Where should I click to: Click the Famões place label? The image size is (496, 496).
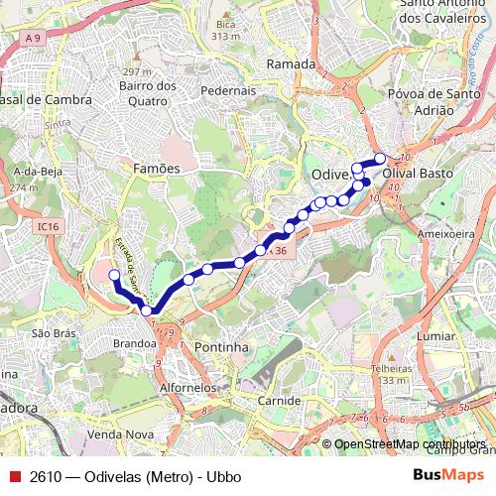tap(157, 169)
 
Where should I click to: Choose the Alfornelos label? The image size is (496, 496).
tap(187, 388)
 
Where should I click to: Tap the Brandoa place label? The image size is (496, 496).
tap(135, 343)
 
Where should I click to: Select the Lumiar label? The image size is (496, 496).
tap(436, 337)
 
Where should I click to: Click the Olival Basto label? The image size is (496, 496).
tap(418, 173)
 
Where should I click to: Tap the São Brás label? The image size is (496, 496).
tap(54, 333)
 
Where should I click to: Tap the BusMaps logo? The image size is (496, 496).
tap(448, 476)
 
